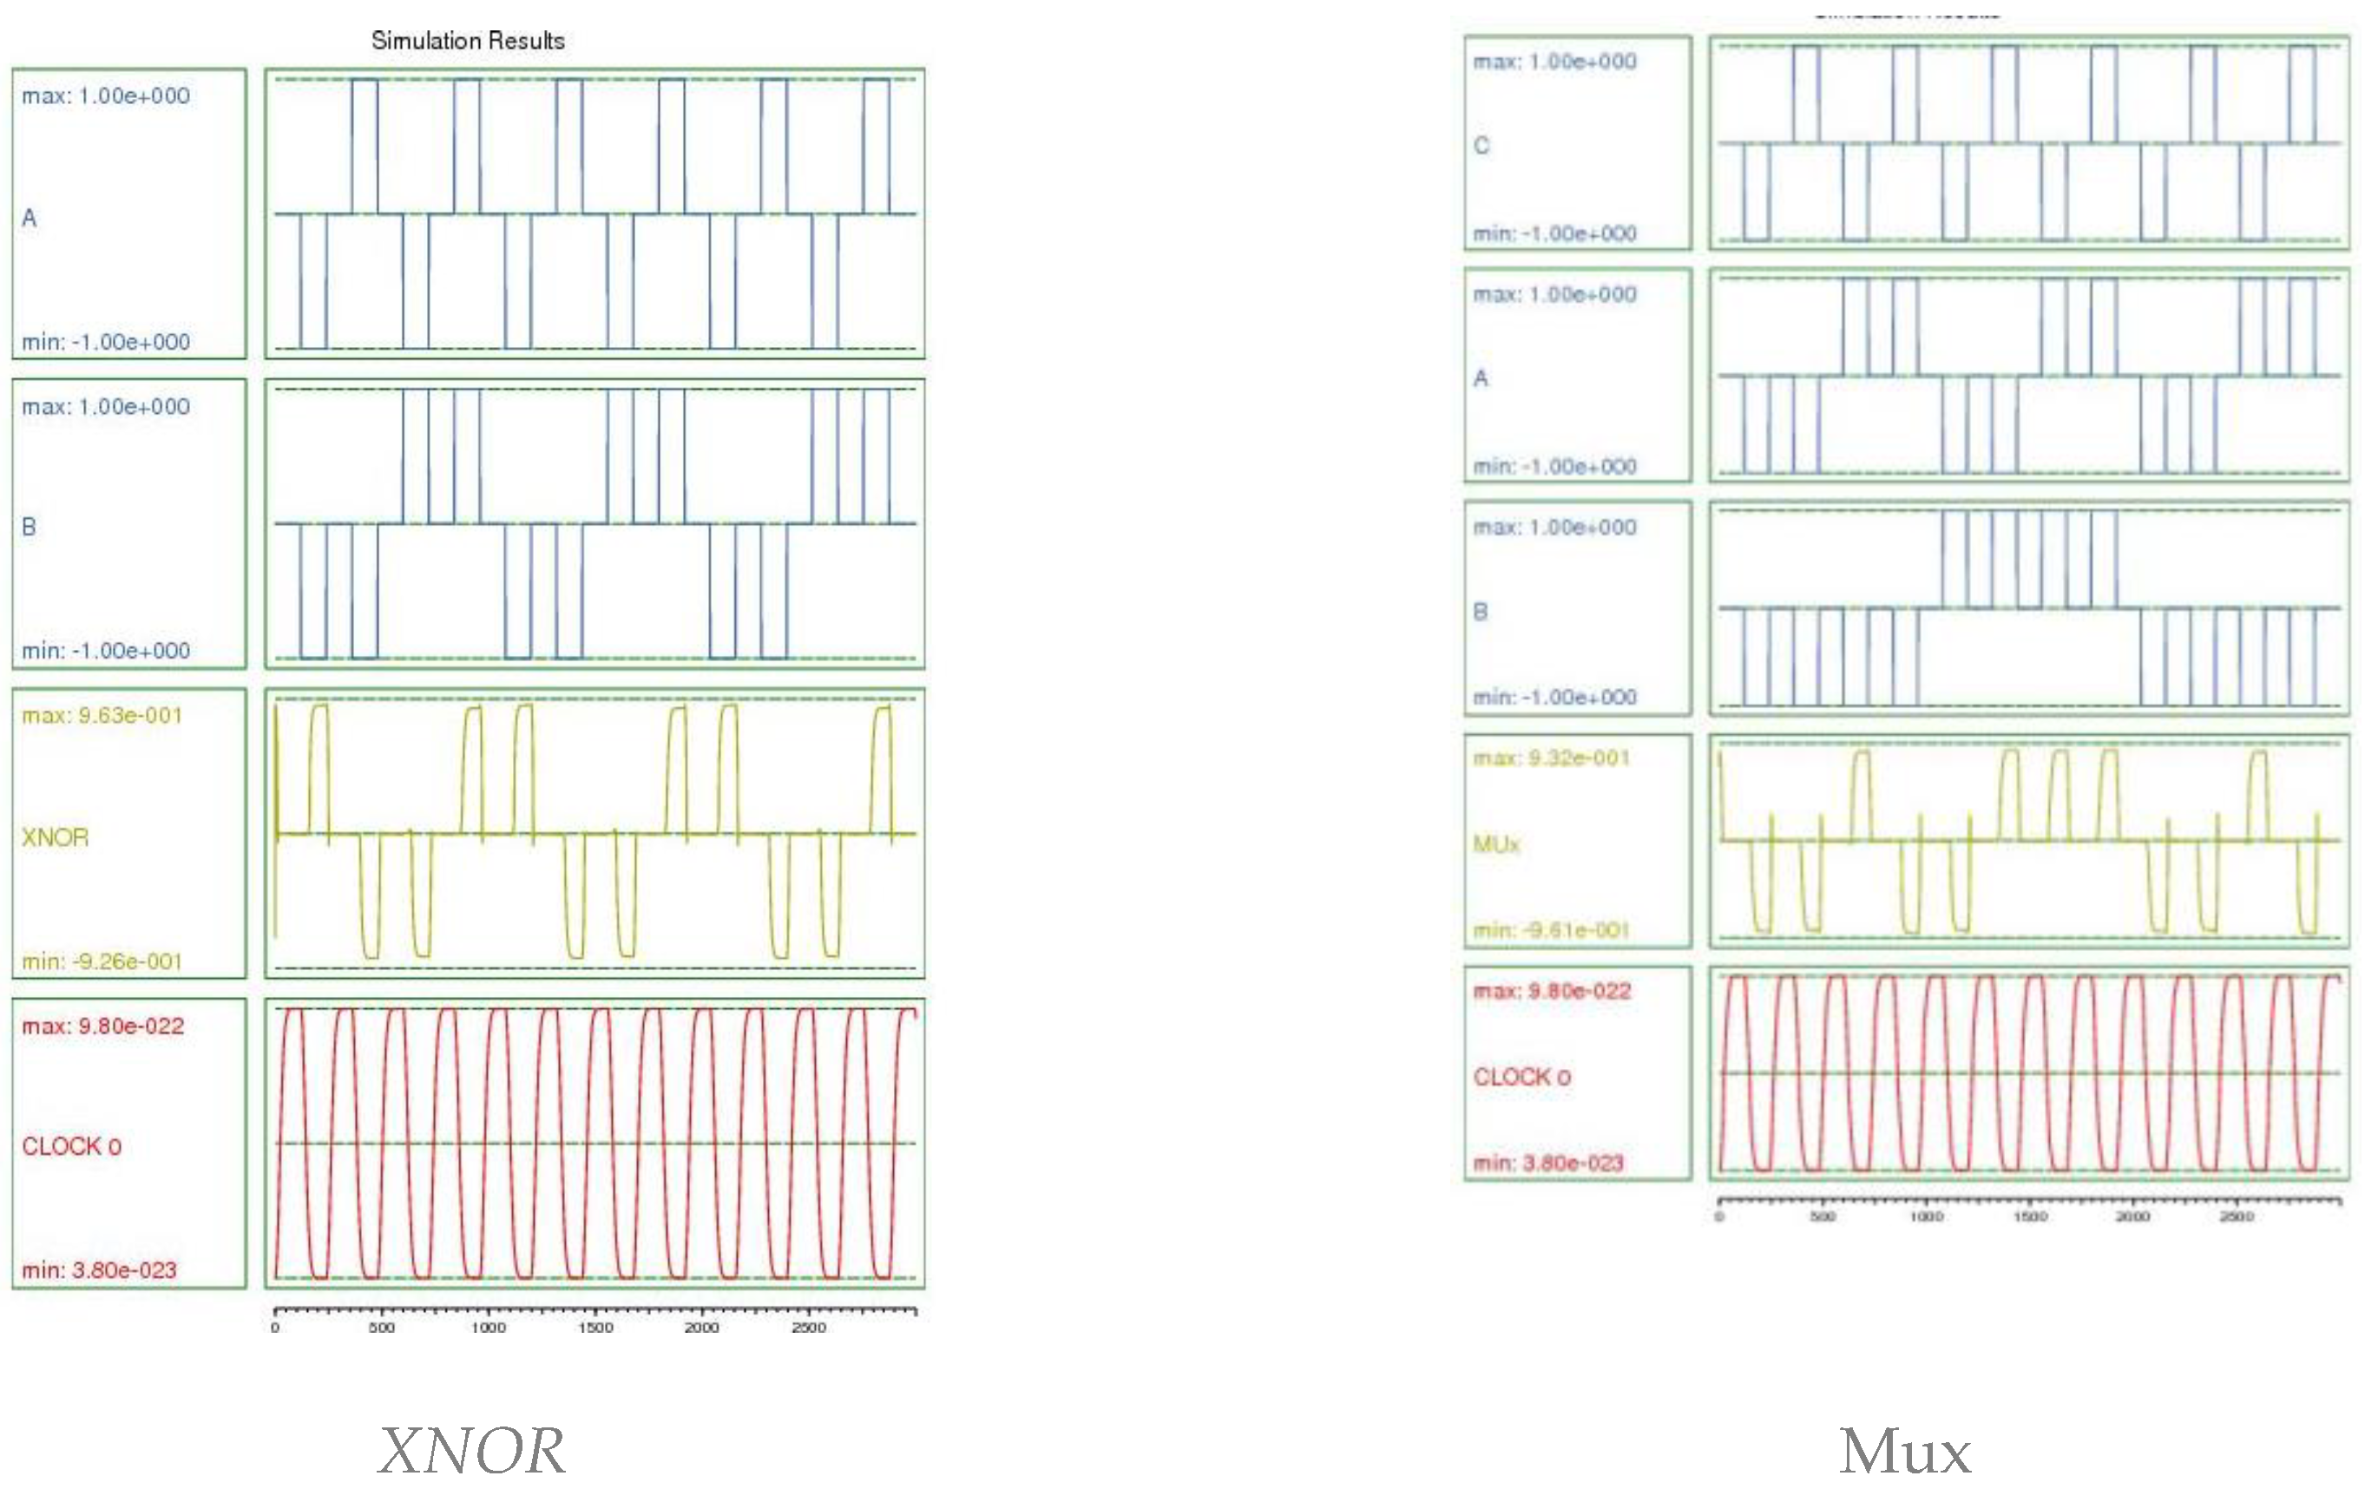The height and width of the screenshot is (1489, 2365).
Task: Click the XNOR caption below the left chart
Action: point(471,1450)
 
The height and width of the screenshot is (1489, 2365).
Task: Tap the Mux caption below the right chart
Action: point(1904,1452)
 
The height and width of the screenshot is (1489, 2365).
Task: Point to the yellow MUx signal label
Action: point(1495,843)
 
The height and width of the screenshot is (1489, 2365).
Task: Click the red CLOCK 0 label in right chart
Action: point(1521,1077)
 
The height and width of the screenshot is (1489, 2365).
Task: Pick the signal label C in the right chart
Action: point(1481,146)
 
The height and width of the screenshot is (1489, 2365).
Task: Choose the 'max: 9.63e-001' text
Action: point(102,715)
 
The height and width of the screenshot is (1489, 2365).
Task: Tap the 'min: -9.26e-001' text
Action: point(102,961)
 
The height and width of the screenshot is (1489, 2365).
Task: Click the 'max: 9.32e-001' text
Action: point(1551,758)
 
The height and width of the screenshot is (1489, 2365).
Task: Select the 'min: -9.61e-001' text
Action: point(1551,929)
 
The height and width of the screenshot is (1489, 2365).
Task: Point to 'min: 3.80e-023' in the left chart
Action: point(99,1270)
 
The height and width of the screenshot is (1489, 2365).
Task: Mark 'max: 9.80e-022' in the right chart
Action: point(1552,991)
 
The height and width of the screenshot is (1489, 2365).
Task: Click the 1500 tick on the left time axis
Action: point(595,1328)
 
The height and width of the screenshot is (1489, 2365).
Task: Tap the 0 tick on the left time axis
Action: point(275,1328)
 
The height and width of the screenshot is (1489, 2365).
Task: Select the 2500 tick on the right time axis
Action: point(2237,1217)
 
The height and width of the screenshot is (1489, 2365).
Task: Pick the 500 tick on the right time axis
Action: point(1823,1217)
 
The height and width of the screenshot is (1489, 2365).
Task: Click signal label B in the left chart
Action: point(30,527)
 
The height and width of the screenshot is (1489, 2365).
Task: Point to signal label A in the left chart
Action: point(30,218)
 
